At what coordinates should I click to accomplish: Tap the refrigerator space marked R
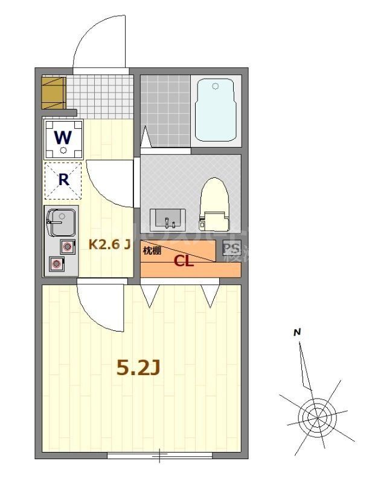tap(63, 180)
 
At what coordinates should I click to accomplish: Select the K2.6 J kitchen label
tap(110, 244)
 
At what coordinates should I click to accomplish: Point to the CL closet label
tap(184, 261)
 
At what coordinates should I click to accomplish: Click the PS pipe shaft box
tap(231, 249)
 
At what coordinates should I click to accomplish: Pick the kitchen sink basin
tap(60, 221)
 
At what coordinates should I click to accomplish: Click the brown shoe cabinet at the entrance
tap(53, 92)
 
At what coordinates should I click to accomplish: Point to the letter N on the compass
tap(296, 332)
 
